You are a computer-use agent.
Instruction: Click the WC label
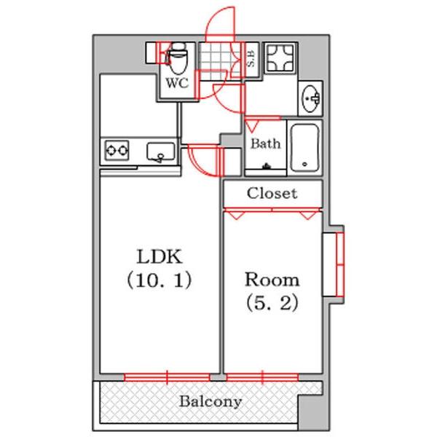[x=177, y=83]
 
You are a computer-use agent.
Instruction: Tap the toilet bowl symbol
[x=177, y=57]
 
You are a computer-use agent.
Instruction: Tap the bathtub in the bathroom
[x=305, y=147]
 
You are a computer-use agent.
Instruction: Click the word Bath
[x=265, y=143]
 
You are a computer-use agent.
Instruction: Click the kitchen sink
[x=160, y=151]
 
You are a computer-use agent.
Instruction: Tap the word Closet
[x=272, y=194]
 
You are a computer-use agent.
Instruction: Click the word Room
[x=271, y=280]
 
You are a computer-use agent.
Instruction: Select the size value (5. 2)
[x=271, y=302]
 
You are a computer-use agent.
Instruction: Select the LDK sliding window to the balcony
[x=167, y=377]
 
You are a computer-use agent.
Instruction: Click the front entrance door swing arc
[x=221, y=22]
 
